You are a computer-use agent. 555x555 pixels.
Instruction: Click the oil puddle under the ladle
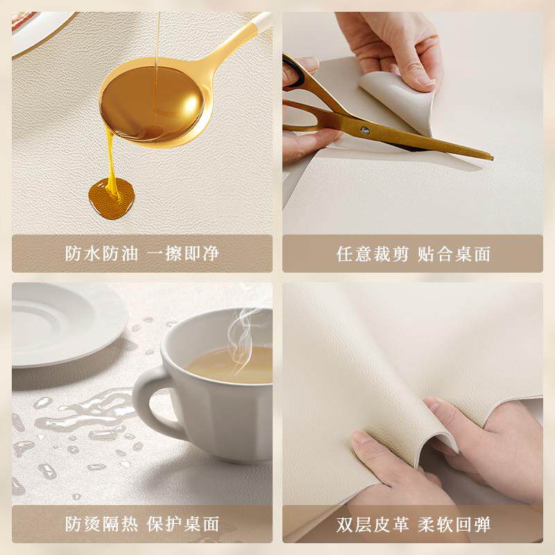(112, 198)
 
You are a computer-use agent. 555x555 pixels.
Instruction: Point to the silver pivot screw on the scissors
(365, 130)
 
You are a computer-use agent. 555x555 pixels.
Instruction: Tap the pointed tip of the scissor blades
(491, 156)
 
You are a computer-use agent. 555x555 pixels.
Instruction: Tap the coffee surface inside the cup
(230, 366)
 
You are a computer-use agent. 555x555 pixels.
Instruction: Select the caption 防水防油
(101, 253)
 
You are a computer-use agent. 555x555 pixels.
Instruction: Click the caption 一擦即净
(183, 253)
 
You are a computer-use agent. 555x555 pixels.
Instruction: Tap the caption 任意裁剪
(373, 254)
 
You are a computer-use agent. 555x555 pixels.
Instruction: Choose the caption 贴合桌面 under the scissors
(454, 254)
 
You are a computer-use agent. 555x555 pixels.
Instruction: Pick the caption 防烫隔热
(101, 524)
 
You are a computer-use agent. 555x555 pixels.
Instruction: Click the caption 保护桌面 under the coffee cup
(183, 524)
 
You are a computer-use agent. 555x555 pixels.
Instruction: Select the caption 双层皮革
(373, 524)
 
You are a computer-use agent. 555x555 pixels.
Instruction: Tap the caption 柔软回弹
(454, 524)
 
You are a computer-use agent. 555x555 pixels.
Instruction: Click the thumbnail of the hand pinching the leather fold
(413, 412)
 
